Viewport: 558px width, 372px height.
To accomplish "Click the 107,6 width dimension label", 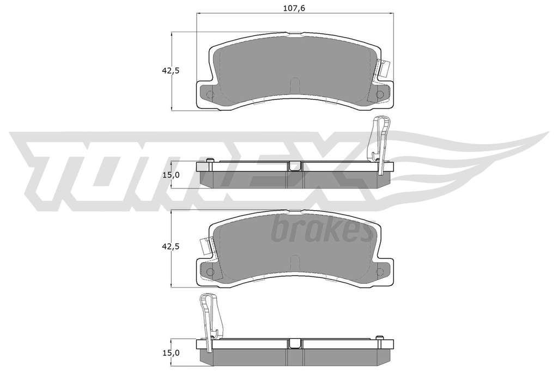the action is pyautogui.click(x=294, y=9).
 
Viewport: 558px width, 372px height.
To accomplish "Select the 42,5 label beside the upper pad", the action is pyautogui.click(x=171, y=70).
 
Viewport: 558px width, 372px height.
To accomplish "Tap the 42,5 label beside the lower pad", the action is pyautogui.click(x=171, y=247).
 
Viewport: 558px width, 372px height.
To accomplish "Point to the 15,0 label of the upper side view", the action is pyautogui.click(x=171, y=175).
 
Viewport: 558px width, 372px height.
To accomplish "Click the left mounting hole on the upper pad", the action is pyautogui.click(x=210, y=95).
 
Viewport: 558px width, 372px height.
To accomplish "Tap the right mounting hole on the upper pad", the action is pyautogui.click(x=380, y=94).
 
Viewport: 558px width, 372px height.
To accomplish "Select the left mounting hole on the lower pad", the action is pyautogui.click(x=210, y=272).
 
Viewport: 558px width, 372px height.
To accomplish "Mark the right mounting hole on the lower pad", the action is pyautogui.click(x=380, y=272).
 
